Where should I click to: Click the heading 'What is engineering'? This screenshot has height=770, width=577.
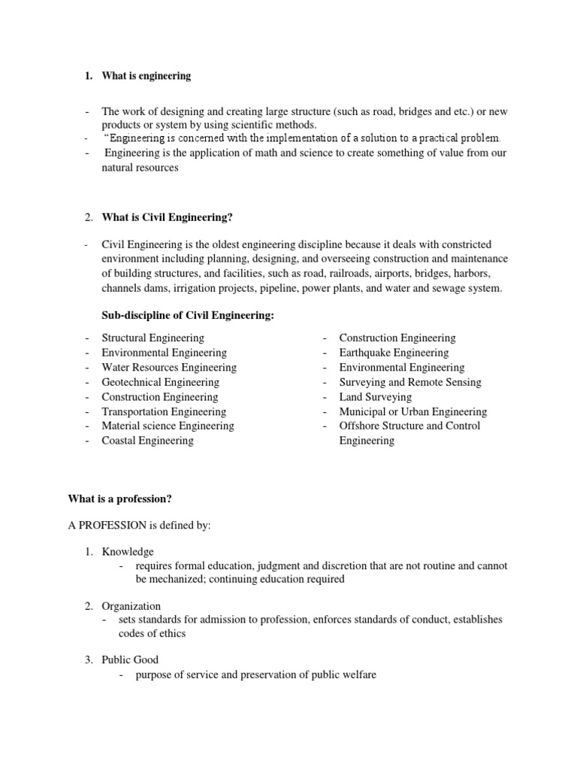(147, 76)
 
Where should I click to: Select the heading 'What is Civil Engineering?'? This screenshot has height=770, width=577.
(168, 217)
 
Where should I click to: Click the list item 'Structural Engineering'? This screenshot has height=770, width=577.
(153, 338)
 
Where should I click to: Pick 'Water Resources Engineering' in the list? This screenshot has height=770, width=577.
(169, 368)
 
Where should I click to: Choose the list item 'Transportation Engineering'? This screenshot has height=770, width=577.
(164, 411)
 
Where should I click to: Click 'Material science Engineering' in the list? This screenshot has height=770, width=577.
(168, 426)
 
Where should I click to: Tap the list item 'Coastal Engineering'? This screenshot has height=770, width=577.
(147, 441)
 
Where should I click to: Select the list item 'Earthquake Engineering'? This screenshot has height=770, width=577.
(394, 353)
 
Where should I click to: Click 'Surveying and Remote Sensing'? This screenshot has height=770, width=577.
(410, 382)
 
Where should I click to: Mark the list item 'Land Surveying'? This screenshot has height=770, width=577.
(376, 397)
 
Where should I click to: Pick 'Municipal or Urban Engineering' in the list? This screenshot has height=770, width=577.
(412, 411)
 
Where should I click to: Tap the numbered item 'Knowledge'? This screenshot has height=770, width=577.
(128, 552)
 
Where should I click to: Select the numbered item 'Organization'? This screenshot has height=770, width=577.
(131, 606)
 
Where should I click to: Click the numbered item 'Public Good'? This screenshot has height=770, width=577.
(130, 660)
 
